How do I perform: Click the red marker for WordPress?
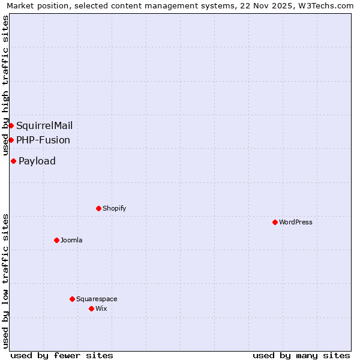(275, 222)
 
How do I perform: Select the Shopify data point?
(98, 208)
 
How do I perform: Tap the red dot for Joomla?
(56, 240)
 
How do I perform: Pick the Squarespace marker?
(72, 299)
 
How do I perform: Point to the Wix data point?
(91, 308)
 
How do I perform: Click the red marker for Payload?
(13, 161)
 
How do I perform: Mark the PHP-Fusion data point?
(11, 140)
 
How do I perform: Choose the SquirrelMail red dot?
(11, 125)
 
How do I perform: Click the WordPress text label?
(295, 222)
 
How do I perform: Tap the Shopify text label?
(114, 208)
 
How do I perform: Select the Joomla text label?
(71, 240)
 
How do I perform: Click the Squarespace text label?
(97, 299)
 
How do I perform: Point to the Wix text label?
(101, 308)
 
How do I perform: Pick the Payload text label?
(37, 161)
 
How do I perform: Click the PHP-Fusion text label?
(43, 140)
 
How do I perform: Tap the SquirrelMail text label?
(44, 125)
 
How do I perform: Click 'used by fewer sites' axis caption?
(62, 355)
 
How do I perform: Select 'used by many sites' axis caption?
(301, 355)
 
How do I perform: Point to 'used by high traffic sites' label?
(6, 85)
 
